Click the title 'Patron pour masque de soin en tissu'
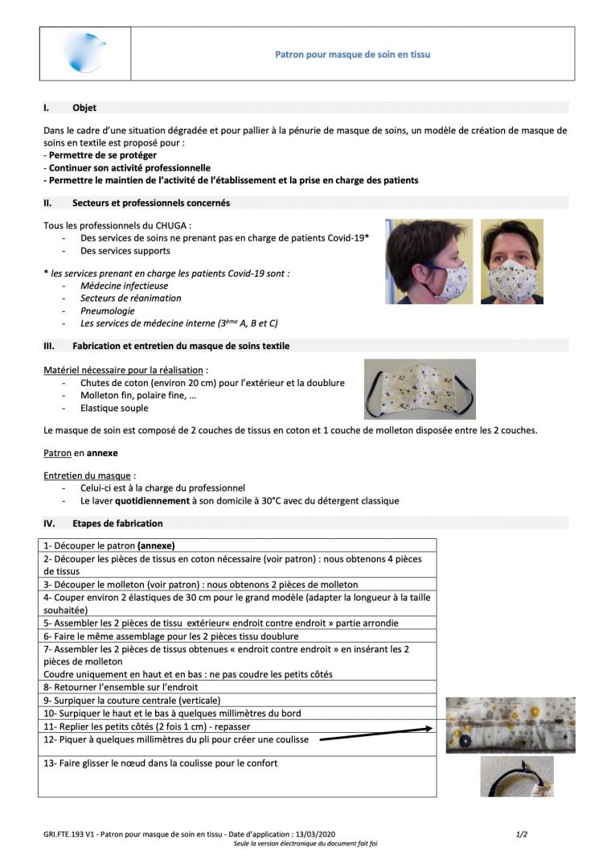352,55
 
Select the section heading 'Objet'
84,107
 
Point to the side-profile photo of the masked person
429,261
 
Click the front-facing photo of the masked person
511,261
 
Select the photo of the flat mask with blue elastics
420,389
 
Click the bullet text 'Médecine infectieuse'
124,286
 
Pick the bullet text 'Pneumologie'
108,311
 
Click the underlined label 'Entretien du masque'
88,475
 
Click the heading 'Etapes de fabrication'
117,523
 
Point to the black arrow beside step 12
376,734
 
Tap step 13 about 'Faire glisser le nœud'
161,763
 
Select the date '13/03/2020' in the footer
315,834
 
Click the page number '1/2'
521,834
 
